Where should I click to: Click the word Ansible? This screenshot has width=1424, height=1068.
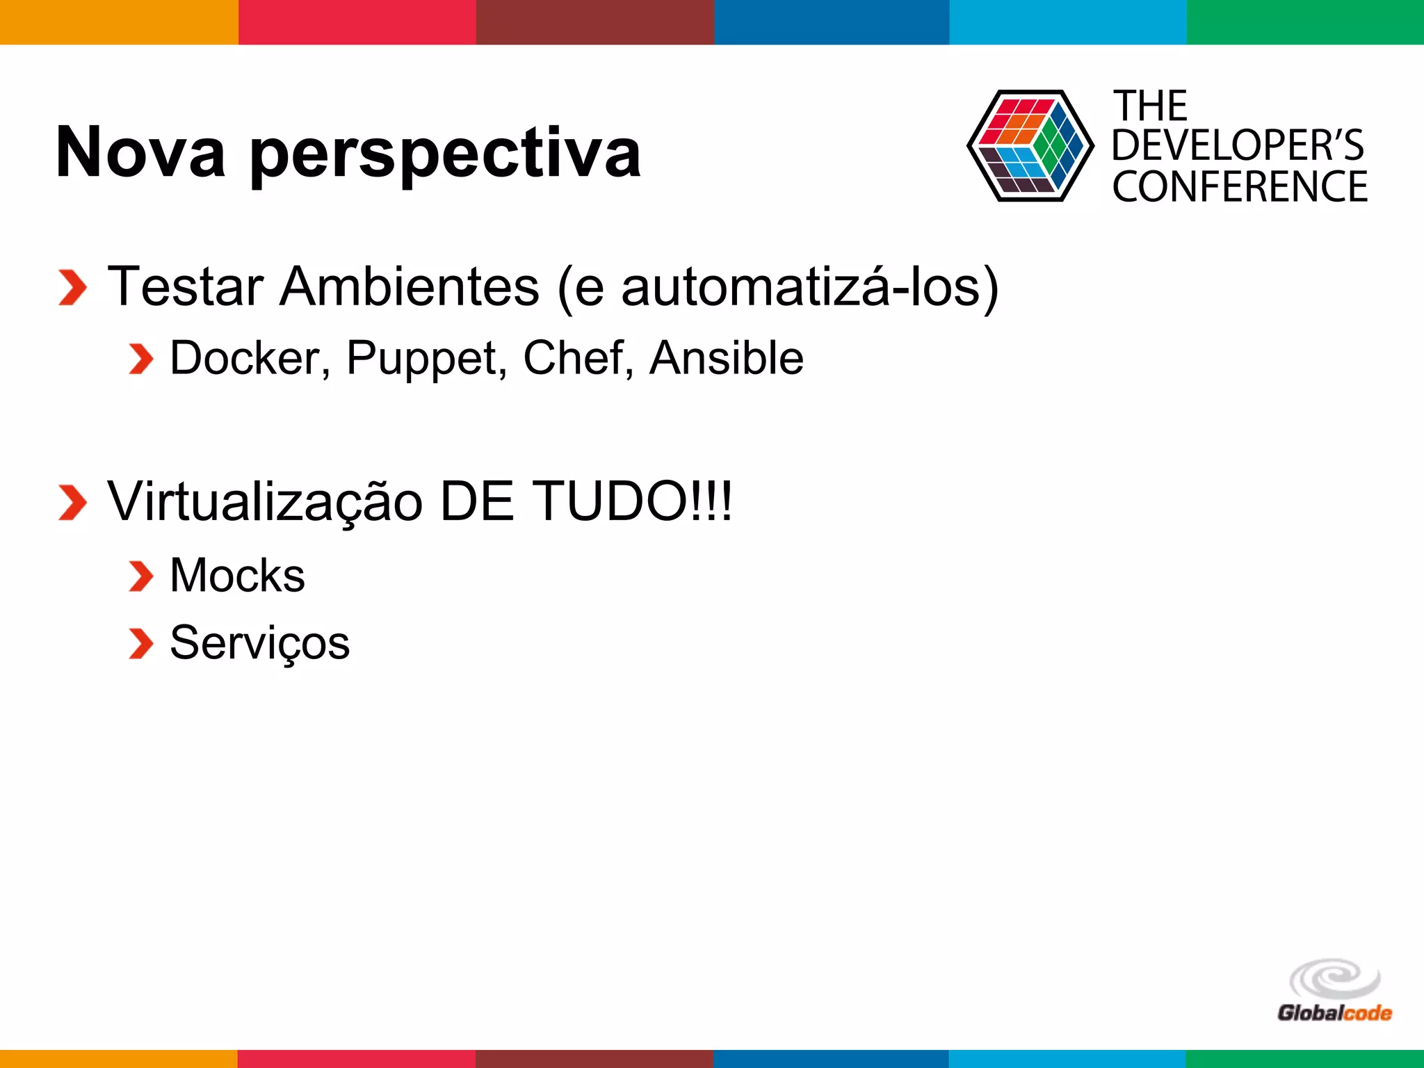(726, 358)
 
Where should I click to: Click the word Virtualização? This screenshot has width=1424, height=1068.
(265, 502)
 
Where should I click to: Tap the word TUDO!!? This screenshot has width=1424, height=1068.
(632, 501)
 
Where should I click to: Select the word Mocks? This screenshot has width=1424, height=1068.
(237, 576)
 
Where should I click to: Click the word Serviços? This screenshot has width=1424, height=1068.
(259, 643)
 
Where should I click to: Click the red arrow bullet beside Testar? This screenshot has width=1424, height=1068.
(72, 287)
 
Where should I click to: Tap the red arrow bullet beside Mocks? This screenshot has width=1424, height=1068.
(140, 576)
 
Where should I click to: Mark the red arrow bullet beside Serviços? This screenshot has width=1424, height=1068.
(140, 643)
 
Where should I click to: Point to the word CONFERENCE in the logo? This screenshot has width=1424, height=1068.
(1239, 186)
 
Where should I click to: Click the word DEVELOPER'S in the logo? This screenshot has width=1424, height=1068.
(1238, 145)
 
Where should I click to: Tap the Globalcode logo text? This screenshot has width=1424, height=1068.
(1334, 1013)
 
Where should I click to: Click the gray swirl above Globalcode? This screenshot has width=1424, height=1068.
(1334, 979)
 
